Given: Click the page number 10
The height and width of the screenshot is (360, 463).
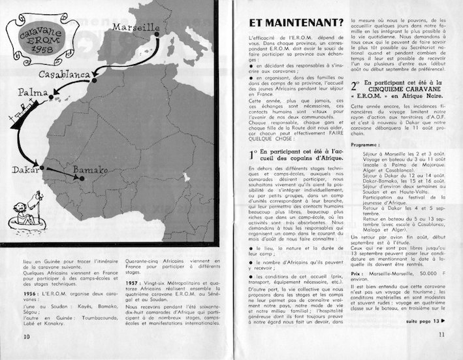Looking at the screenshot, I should pos(27,336).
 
